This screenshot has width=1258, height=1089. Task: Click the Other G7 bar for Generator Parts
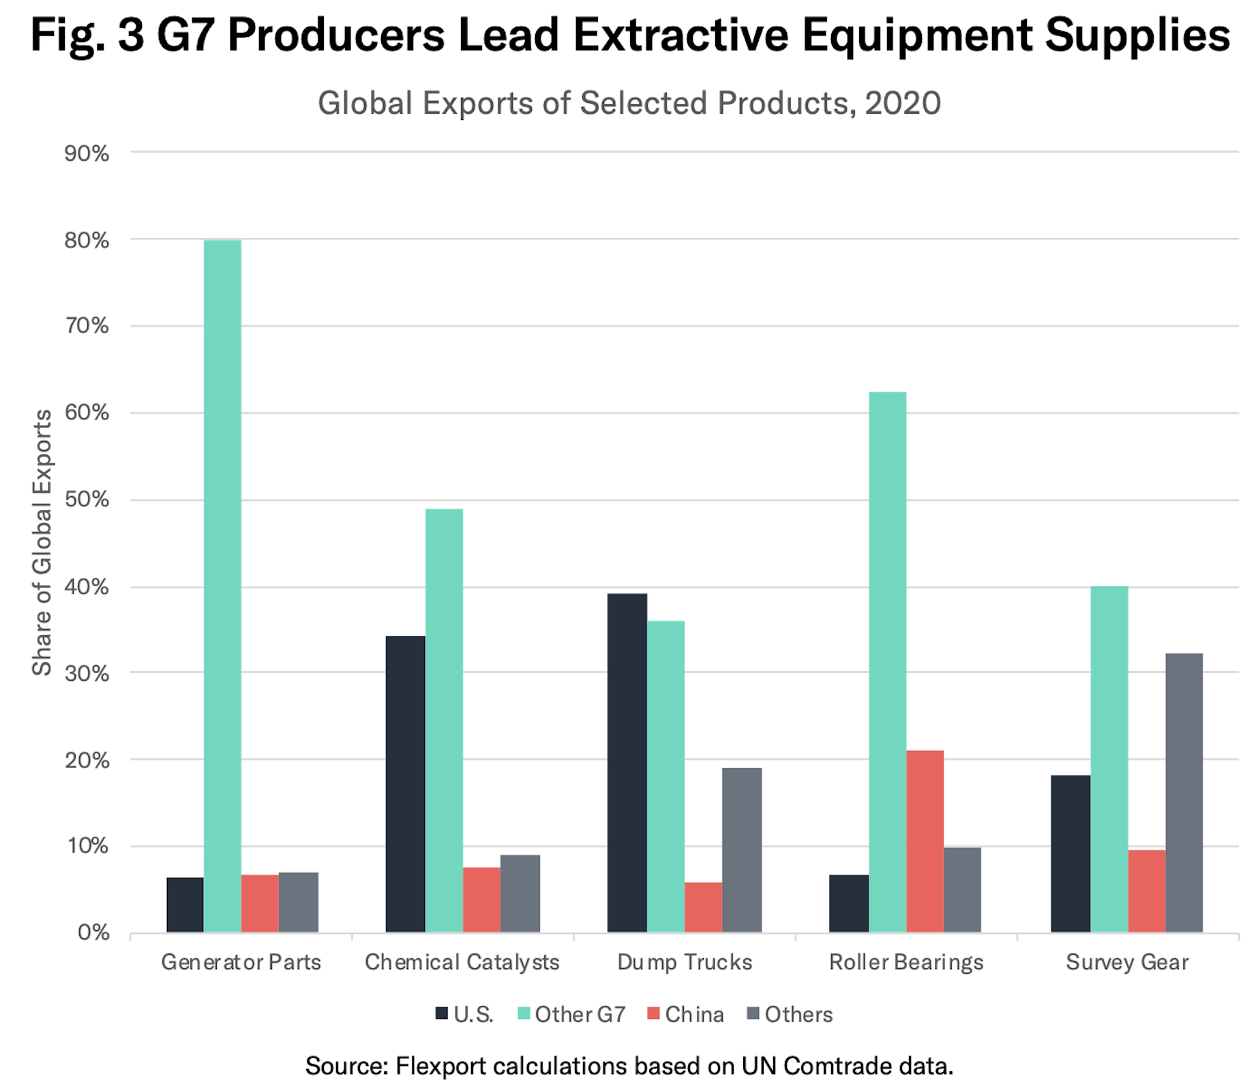tap(222, 586)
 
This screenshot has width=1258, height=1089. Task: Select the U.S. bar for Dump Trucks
tap(627, 763)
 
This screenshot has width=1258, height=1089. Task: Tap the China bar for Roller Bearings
tap(925, 841)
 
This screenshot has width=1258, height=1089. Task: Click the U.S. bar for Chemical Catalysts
tap(405, 784)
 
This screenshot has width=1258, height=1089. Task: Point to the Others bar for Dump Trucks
tap(742, 850)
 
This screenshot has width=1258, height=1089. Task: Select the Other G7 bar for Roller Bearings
tap(887, 662)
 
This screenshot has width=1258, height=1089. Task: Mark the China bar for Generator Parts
tap(260, 903)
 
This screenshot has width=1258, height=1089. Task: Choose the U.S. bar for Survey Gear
tap(1070, 853)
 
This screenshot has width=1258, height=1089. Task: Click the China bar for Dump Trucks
tap(703, 907)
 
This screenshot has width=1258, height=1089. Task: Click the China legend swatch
tap(653, 1014)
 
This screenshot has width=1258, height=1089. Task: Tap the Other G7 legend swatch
tap(524, 1014)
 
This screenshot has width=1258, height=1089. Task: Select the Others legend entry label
tap(798, 1015)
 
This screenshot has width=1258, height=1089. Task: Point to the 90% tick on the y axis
tap(87, 153)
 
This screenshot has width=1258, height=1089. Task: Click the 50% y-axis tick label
tap(87, 500)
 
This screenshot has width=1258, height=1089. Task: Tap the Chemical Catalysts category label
tap(462, 962)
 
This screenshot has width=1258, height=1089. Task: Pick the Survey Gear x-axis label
tap(1127, 962)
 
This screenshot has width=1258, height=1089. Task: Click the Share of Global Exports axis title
tap(42, 542)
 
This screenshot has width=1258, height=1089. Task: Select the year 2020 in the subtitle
tap(903, 104)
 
